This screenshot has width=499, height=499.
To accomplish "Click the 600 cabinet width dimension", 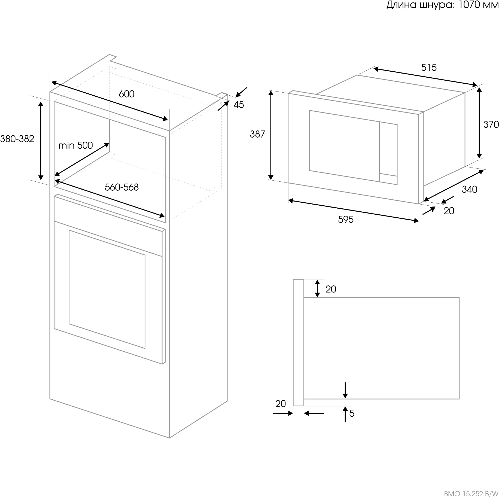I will [x=127, y=94].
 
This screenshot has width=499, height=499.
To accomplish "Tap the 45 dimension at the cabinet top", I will [x=239, y=105].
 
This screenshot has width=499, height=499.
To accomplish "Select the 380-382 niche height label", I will [x=17, y=139].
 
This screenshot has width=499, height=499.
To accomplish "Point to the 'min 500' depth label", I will [x=75, y=145].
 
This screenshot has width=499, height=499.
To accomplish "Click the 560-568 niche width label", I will [x=122, y=187].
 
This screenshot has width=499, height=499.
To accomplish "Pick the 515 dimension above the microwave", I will [x=429, y=68].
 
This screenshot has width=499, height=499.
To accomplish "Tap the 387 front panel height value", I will [x=257, y=134].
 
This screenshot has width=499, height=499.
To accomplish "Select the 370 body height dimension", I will [x=491, y=124].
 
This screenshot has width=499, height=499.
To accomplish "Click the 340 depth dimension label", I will [x=469, y=189].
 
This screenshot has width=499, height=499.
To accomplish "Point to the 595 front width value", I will [x=346, y=219].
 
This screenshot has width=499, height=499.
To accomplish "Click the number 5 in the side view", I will [x=352, y=413].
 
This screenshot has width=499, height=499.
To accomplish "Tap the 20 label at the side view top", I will [x=331, y=289].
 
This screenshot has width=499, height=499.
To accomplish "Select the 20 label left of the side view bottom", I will [x=281, y=403].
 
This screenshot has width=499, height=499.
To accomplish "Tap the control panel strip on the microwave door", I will [x=388, y=153].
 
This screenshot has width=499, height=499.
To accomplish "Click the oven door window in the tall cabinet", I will [x=107, y=289].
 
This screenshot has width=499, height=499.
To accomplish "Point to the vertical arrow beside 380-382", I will [x=41, y=141].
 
